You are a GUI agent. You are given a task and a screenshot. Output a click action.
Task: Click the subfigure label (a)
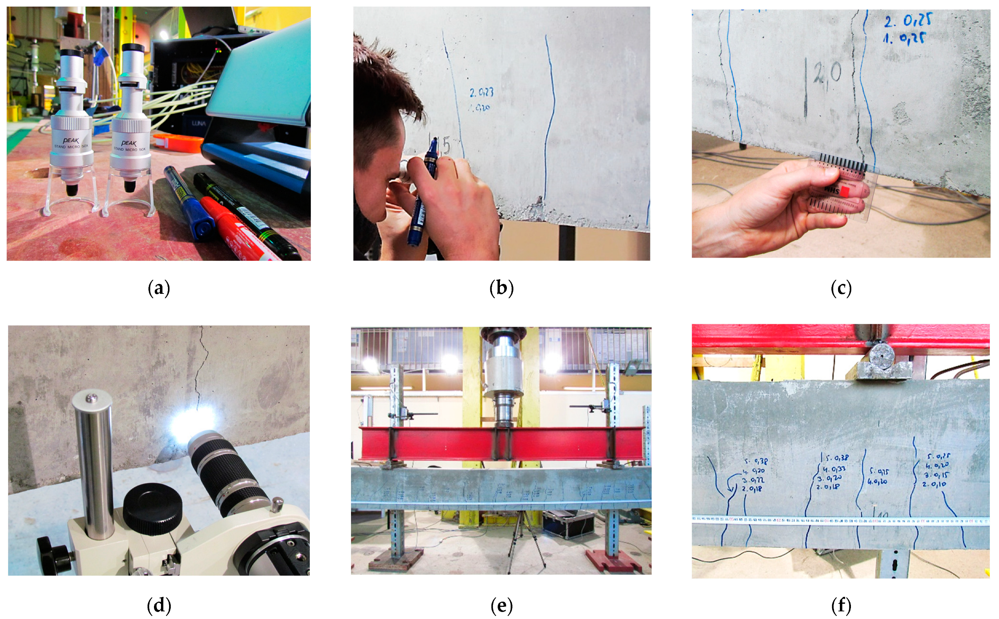pos(159,289)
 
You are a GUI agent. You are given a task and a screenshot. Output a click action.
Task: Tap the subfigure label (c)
pos(841,289)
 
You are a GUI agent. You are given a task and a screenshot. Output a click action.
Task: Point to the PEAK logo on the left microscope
pos(71,140)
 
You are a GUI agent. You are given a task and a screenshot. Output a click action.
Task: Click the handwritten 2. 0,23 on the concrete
pos(481,92)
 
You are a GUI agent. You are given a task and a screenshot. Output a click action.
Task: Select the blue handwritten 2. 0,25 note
pos(907,21)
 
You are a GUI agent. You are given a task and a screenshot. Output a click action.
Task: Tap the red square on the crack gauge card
pos(845,191)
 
